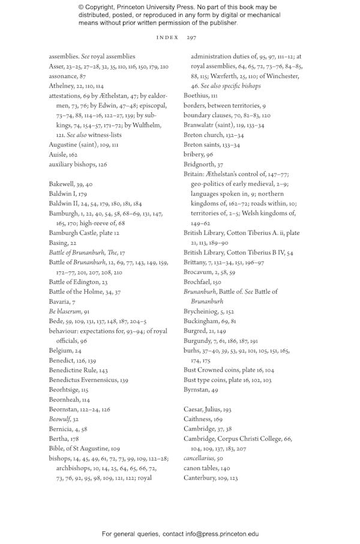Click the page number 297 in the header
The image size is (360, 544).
click(191, 37)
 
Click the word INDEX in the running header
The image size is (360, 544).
click(167, 37)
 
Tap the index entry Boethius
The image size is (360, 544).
click(196, 96)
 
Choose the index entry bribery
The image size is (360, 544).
click(194, 154)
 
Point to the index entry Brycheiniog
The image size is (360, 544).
click(202, 311)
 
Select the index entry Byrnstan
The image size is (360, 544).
click(197, 390)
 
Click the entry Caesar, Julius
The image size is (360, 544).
click(203, 409)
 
